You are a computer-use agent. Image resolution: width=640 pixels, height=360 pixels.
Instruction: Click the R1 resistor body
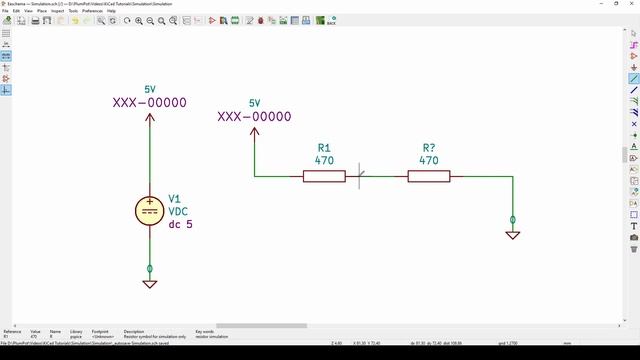(324, 176)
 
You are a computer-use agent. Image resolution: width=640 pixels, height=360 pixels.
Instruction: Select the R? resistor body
(429, 176)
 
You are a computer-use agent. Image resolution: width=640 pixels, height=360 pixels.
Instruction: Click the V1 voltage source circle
(150, 210)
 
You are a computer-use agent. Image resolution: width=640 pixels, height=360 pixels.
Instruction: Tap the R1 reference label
(324, 147)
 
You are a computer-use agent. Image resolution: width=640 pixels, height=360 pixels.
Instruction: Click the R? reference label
(429, 147)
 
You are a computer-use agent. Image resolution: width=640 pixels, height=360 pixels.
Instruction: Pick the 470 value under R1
(324, 160)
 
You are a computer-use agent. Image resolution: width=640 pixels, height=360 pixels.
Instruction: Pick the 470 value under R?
(429, 160)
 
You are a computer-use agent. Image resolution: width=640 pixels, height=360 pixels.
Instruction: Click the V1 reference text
(175, 198)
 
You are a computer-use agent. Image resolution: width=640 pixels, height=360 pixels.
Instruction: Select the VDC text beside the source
(178, 211)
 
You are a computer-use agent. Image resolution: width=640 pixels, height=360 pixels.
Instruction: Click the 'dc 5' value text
(180, 224)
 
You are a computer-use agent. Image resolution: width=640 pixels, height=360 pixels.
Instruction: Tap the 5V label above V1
(150, 89)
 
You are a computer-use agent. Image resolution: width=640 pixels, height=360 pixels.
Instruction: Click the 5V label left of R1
(254, 103)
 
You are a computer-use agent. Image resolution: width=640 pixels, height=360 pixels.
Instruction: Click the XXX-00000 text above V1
(150, 102)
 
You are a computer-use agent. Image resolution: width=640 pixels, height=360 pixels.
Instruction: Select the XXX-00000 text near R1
(254, 116)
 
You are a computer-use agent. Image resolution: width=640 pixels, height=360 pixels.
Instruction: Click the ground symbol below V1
(150, 284)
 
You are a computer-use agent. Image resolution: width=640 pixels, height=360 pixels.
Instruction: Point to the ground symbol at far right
(513, 235)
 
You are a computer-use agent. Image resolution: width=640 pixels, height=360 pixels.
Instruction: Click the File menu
(5, 11)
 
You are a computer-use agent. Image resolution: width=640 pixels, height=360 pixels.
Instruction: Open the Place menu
(42, 11)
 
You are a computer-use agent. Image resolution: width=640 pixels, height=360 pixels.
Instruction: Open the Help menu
(111, 11)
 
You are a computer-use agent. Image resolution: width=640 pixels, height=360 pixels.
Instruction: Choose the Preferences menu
(93, 11)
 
